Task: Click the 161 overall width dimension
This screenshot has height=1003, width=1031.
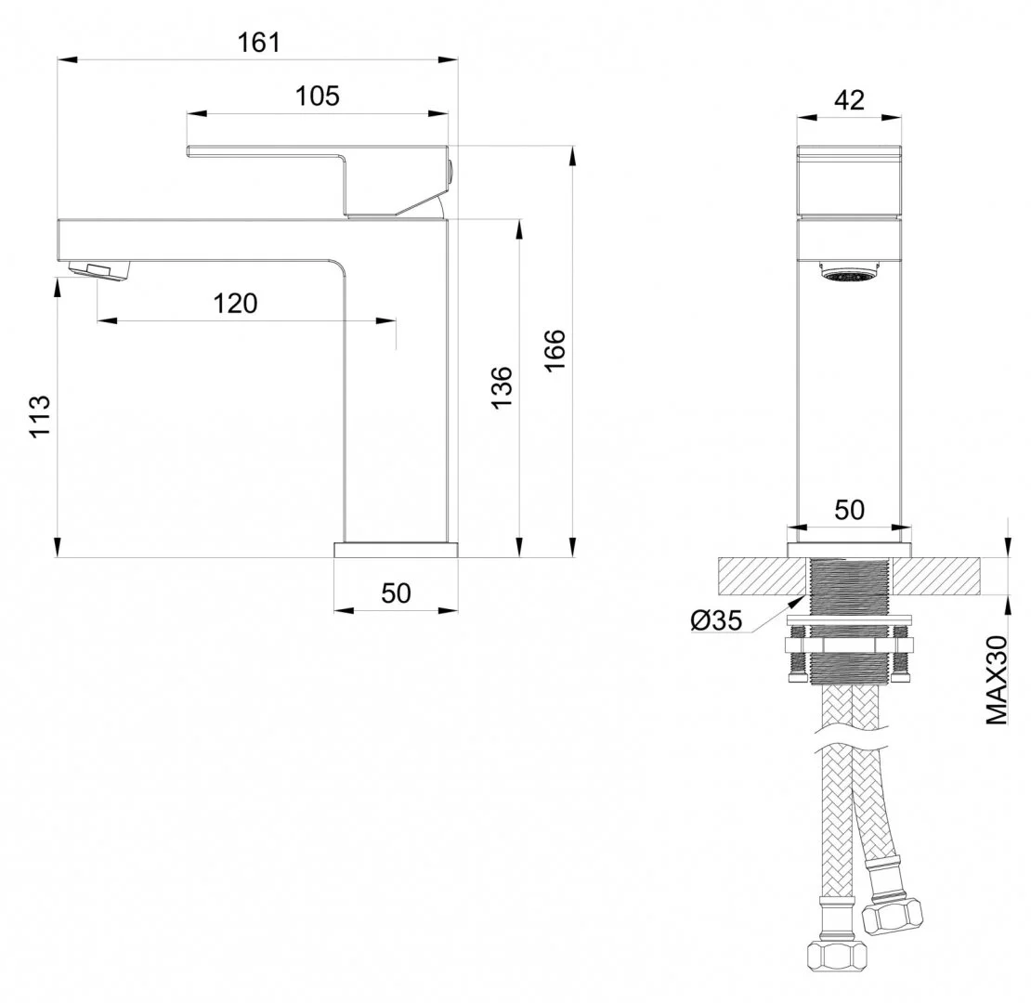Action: (x=258, y=43)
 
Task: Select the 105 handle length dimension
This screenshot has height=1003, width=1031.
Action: (x=317, y=96)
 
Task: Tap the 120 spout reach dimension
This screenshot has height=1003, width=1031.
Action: (x=235, y=304)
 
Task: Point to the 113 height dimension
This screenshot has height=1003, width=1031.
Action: (x=39, y=415)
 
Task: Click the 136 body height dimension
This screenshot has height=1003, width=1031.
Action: (x=502, y=387)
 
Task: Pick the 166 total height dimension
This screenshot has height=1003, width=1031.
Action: (x=555, y=350)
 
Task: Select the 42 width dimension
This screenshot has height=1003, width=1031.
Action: (x=849, y=100)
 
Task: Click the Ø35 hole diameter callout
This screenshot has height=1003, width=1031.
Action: (x=716, y=619)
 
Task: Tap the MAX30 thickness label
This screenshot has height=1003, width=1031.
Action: (x=997, y=680)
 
